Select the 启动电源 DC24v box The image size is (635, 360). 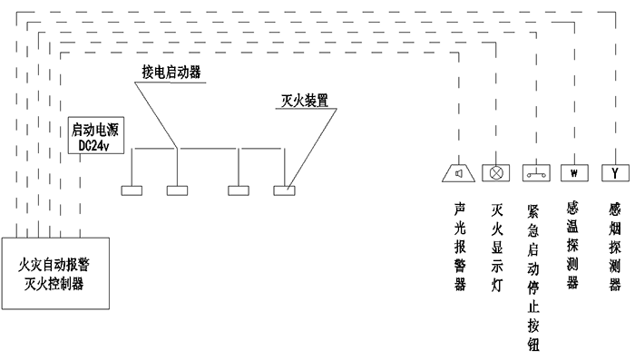100,136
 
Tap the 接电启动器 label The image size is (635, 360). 171,72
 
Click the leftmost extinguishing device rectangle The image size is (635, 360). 132,191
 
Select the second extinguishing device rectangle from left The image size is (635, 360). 177,191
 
